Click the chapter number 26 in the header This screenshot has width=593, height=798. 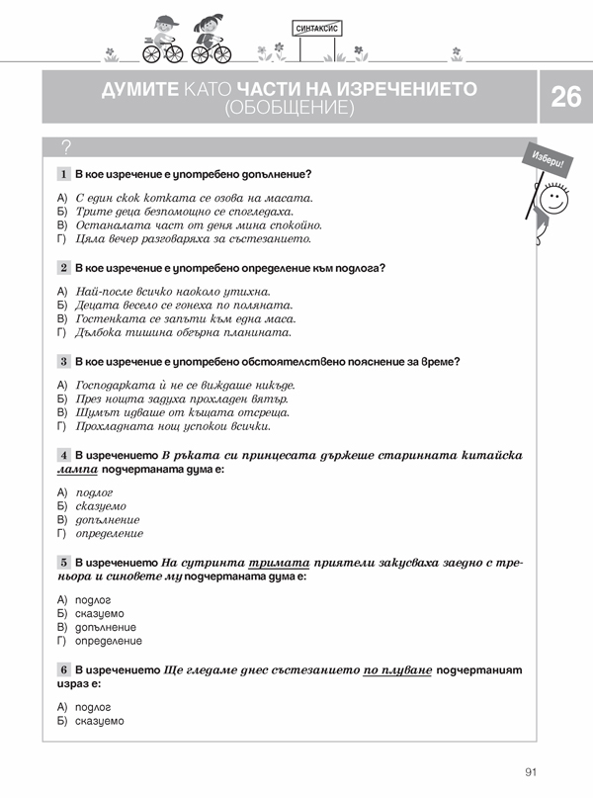coord(566,97)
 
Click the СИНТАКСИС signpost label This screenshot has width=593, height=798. coord(318,30)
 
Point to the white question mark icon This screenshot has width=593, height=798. coord(66,148)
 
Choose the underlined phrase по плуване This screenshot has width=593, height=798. coord(397,669)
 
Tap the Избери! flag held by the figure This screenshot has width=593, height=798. coord(546,156)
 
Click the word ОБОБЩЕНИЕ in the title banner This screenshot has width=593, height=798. coord(289,107)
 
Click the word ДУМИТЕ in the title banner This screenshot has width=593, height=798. coord(139,89)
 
